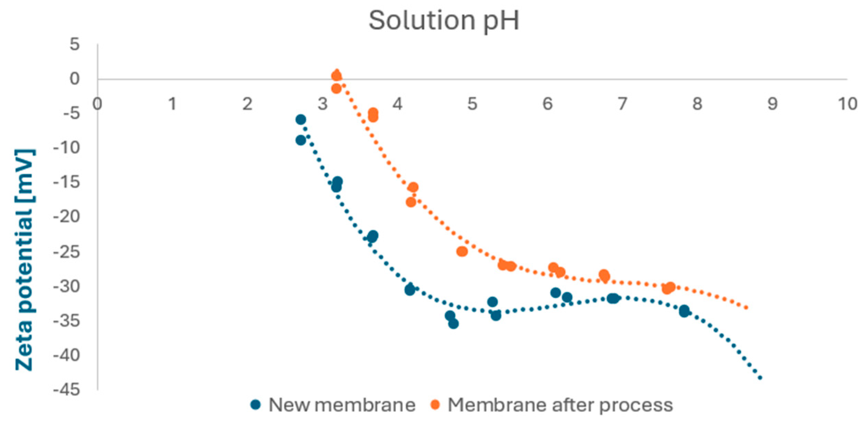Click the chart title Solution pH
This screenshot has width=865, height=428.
(x=444, y=21)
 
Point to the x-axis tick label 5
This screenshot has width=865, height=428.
(x=472, y=104)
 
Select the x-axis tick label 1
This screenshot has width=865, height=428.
(x=172, y=104)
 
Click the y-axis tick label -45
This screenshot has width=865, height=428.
(x=67, y=390)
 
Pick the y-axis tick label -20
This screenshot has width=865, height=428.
(x=67, y=217)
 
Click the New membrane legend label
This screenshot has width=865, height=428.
(x=342, y=405)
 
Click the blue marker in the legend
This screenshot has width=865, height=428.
(x=256, y=405)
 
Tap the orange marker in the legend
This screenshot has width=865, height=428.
(x=435, y=405)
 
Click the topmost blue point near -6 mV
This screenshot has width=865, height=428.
(x=301, y=120)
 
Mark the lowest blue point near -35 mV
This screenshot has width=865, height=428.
(x=453, y=324)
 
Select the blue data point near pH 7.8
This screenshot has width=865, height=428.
(x=684, y=311)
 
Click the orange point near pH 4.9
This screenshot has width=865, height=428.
(x=462, y=252)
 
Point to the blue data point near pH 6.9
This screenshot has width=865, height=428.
(x=613, y=298)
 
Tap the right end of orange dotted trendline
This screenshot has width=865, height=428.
(x=746, y=308)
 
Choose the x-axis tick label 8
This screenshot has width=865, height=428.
(x=697, y=104)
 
